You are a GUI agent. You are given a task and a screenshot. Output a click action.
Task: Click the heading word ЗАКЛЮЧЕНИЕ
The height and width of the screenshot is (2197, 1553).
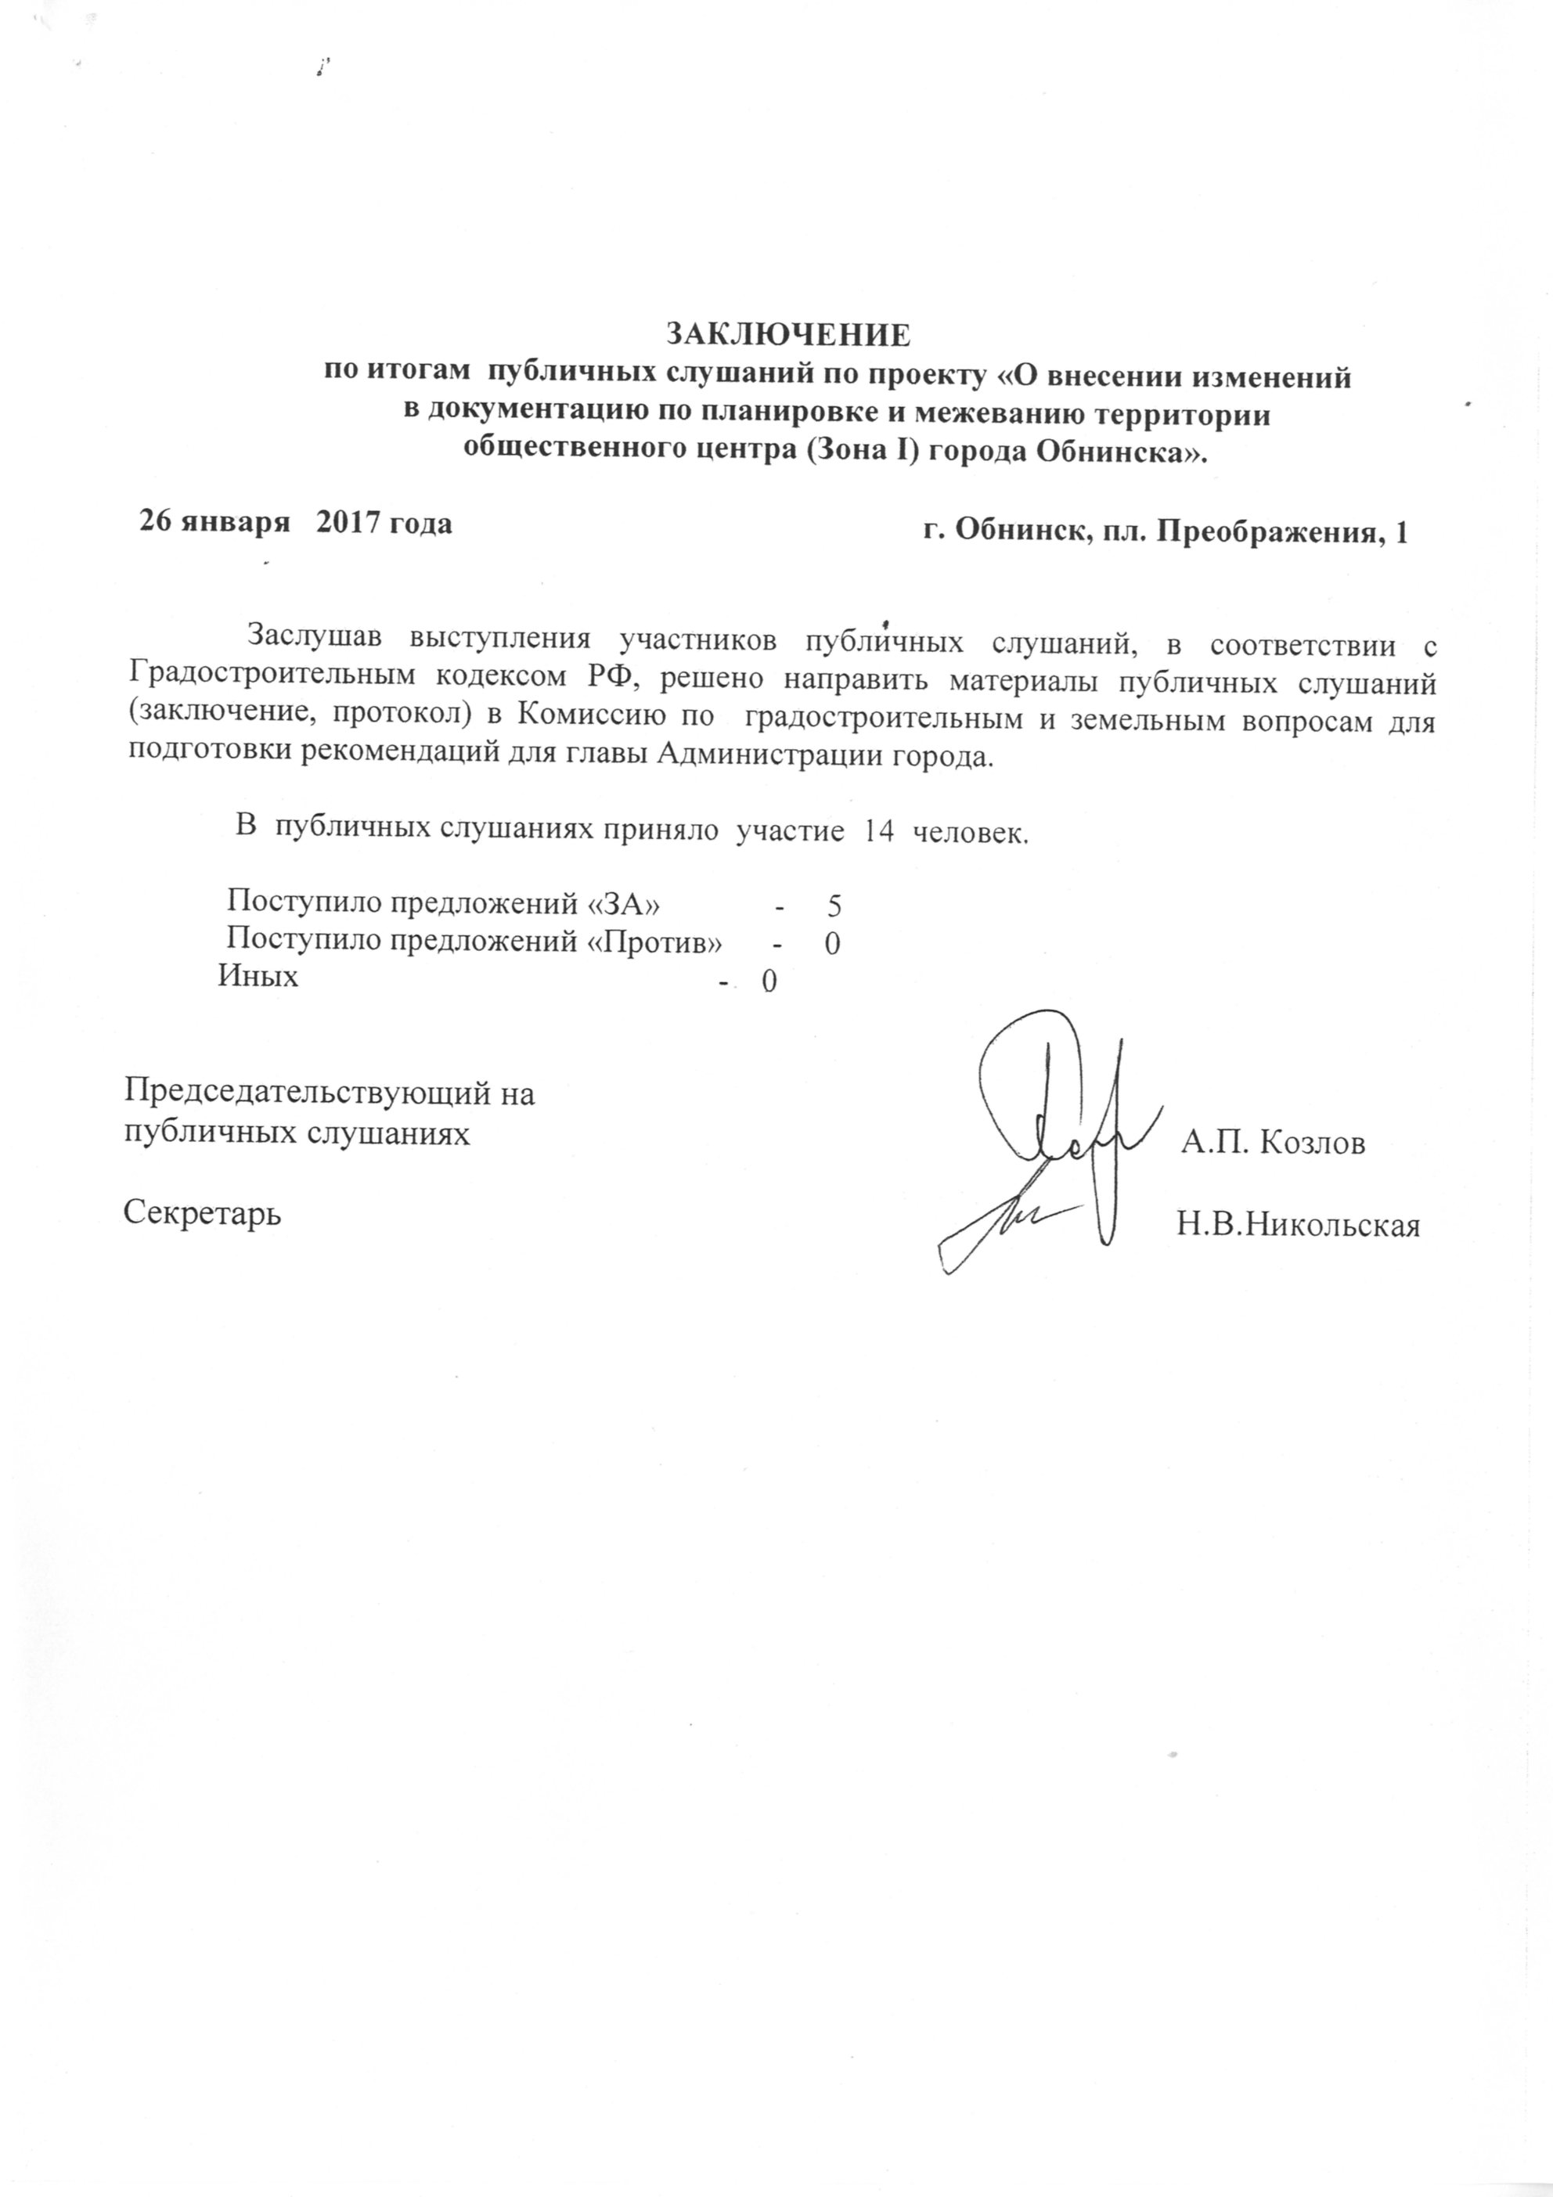787,334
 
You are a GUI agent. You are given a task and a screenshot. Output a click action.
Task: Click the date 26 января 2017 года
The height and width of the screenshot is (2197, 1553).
297,524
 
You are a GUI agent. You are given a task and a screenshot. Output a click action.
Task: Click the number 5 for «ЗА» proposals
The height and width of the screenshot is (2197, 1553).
834,906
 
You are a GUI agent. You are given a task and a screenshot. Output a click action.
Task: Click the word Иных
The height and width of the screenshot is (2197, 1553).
258,976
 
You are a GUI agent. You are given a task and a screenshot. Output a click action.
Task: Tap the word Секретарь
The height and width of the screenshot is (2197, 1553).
203,1214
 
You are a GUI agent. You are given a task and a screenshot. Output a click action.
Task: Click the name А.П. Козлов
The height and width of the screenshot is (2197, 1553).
1273,1143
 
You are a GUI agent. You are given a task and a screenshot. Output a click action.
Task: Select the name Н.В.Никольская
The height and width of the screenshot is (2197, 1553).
1298,1226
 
